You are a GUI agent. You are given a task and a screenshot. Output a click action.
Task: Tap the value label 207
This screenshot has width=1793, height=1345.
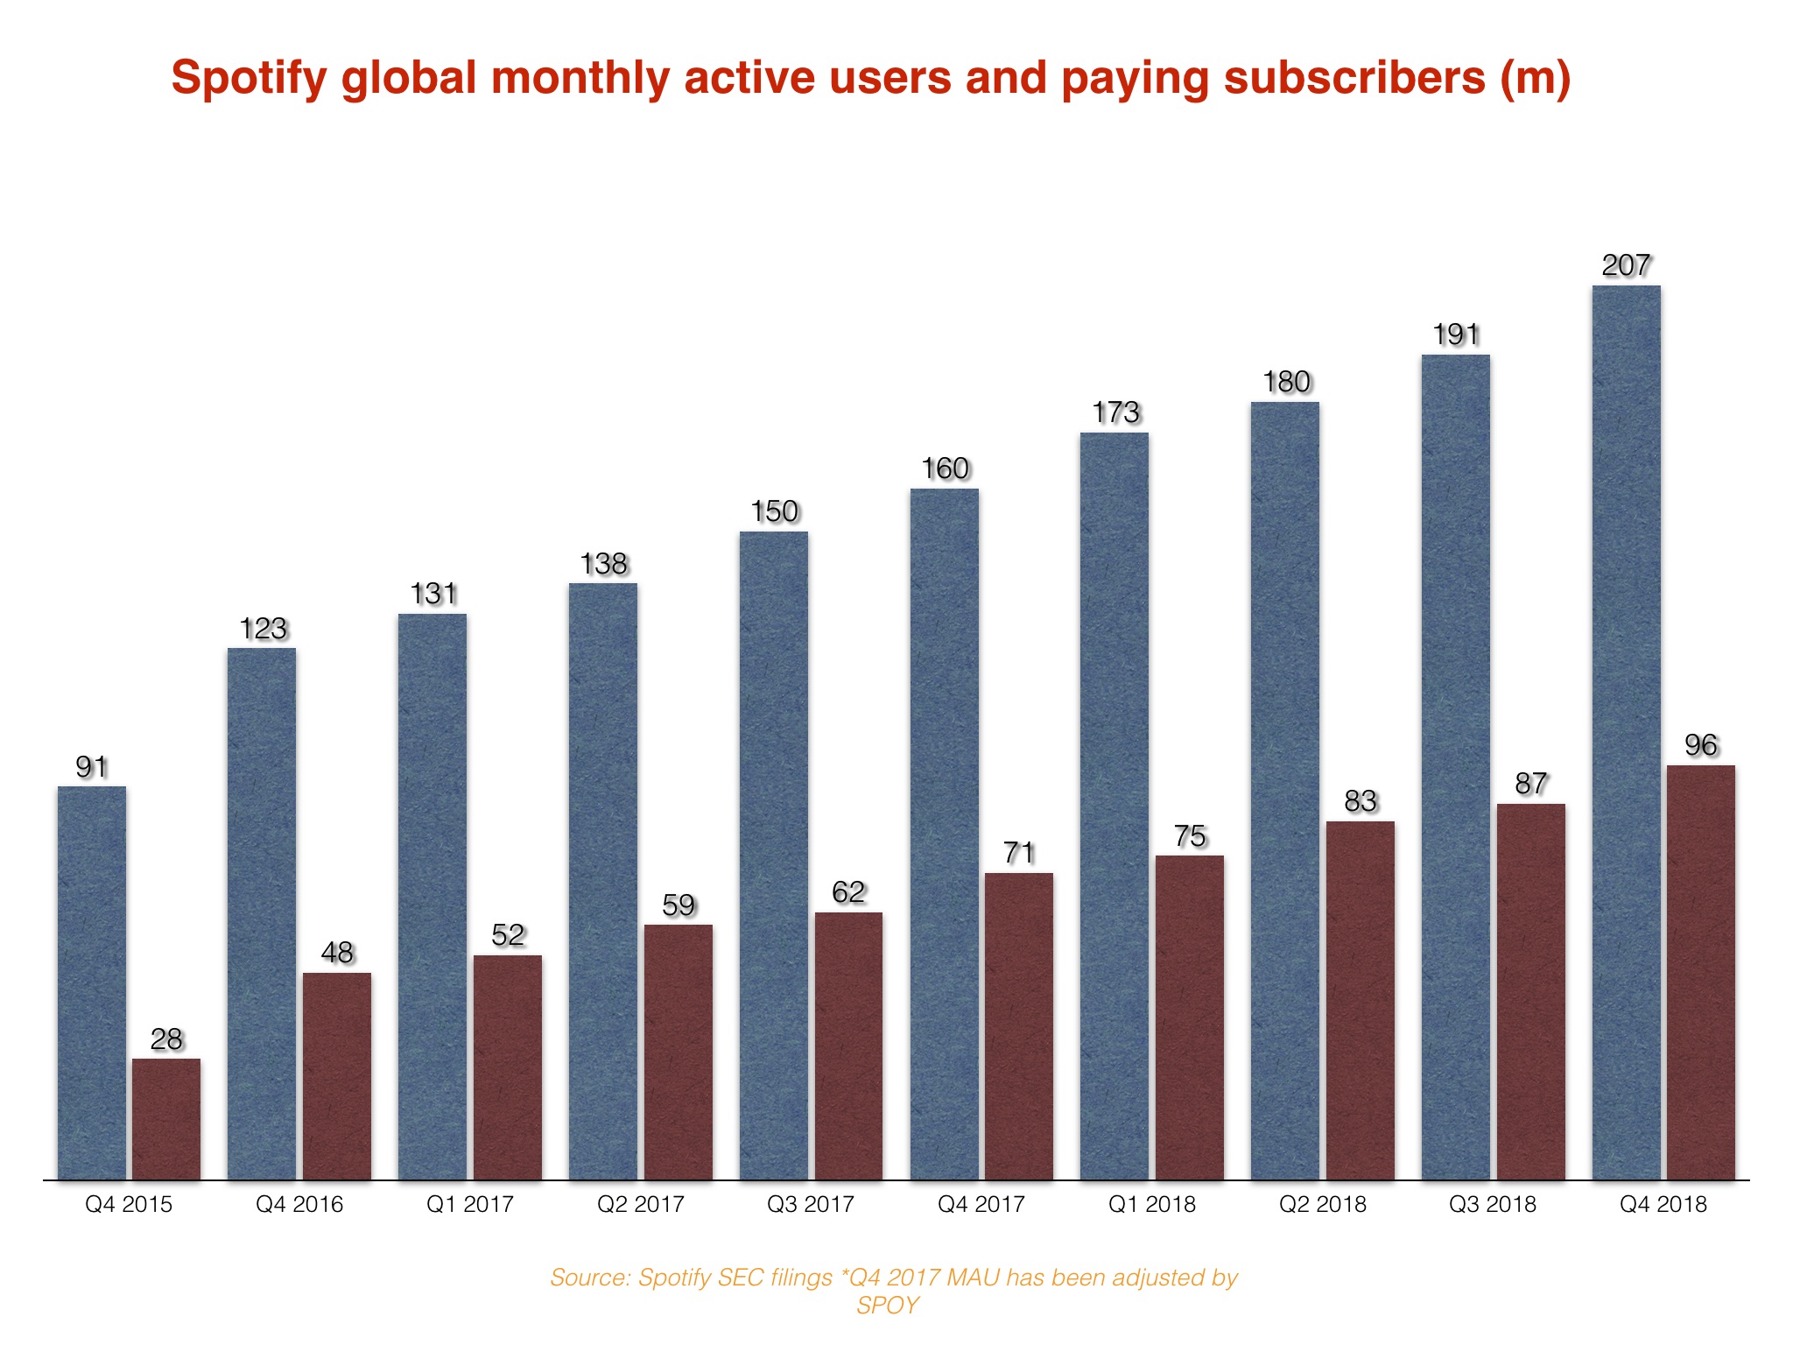click(1626, 265)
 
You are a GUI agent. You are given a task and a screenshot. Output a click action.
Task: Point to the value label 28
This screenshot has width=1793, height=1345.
click(166, 1039)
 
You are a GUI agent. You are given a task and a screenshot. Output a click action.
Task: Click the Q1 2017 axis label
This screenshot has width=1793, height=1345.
click(469, 1205)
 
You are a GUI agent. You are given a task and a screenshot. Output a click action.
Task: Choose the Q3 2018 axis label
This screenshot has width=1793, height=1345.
click(1492, 1205)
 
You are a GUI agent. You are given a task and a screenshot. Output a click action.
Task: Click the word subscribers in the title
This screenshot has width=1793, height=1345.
click(1354, 79)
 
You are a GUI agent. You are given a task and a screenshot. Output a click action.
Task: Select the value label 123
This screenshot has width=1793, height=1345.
click(263, 629)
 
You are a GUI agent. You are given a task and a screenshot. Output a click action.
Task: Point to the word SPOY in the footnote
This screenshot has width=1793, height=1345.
click(887, 1306)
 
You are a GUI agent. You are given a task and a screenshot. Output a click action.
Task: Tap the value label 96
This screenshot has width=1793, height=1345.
click(1700, 745)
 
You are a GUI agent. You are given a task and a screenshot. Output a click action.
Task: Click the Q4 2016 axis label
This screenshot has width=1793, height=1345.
click(299, 1205)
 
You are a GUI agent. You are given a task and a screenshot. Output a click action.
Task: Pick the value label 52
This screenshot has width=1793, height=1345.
click(508, 935)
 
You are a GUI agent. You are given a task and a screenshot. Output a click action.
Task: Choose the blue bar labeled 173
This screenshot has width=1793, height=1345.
click(1114, 806)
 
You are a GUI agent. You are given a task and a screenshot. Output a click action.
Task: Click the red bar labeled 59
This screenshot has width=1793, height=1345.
click(678, 1052)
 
